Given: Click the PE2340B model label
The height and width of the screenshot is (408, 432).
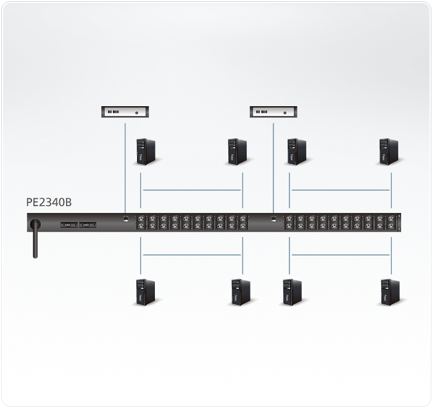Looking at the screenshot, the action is coord(49,202).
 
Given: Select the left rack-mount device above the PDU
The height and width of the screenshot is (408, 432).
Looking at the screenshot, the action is coord(125,112).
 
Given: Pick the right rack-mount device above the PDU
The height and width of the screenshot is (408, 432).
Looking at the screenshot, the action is coord(273,112).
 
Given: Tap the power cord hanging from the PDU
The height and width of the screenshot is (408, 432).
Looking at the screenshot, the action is coord(35,238).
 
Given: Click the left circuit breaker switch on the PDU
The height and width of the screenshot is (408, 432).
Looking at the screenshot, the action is coord(69,225).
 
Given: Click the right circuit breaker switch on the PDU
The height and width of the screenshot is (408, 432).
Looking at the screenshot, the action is coord(88,225).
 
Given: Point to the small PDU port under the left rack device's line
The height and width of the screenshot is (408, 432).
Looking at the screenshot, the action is coord(126,219).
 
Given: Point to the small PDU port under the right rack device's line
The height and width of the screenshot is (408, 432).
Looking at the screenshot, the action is coord(273,219).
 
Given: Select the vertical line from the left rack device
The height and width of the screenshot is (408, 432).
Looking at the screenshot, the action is coord(125,168).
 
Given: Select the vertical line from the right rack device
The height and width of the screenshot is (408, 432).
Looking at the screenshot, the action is coord(273,168).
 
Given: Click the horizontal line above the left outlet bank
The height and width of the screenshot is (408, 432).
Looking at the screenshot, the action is coord(192,190).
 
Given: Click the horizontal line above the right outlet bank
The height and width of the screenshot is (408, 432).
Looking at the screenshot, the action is coord(341,190).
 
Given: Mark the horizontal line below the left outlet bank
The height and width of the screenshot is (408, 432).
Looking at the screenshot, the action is coord(192,255).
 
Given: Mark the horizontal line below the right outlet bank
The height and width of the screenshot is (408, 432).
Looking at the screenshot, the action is coord(341,255).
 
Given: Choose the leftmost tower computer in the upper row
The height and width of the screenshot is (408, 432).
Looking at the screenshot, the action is coord(146,152).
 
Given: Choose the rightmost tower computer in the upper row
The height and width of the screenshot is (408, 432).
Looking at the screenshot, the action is coord(389,152).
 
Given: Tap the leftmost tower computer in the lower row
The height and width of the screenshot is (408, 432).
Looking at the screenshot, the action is coord(146,293).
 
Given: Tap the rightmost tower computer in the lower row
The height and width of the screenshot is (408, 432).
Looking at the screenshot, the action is coord(390,293).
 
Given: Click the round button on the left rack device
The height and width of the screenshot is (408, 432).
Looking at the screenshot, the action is coord(136,113).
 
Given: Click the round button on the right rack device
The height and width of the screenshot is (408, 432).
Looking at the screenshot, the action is coord(285,113).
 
